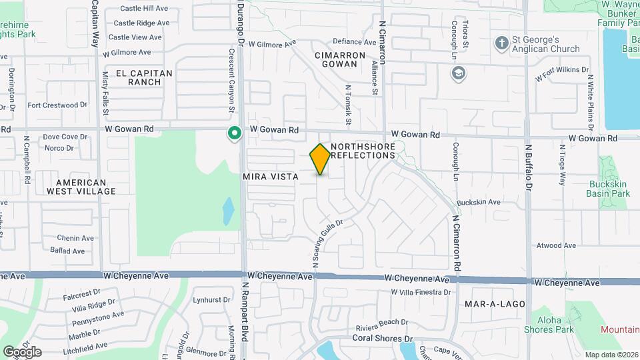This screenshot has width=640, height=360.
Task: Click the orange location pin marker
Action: coord(321,159)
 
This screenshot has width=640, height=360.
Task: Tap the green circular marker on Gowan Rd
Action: coord(234,134)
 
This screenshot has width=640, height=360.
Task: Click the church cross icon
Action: coord(502,43)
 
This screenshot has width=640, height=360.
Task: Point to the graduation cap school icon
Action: coord(458,73)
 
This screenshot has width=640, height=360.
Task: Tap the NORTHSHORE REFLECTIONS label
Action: coord(363,151)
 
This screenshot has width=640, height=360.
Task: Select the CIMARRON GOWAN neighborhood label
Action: coord(341,59)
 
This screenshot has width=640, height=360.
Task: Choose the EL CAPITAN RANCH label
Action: coord(143,77)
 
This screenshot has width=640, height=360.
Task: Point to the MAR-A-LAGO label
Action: coord(496,304)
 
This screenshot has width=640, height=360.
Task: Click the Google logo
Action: coord(22,351)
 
